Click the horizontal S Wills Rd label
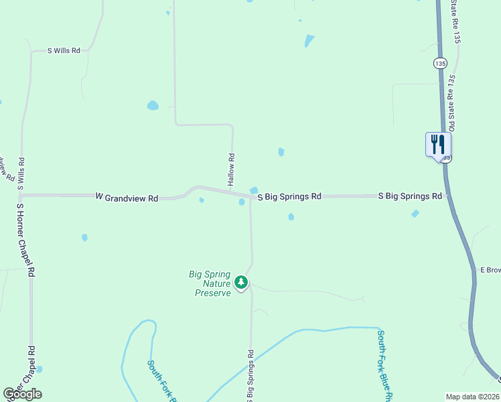coord(64,50)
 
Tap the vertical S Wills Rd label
coord(21,174)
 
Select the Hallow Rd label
coord(231,170)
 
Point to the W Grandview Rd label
coord(127,198)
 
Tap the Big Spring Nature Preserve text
coord(210,283)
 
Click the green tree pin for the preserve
coord(242,283)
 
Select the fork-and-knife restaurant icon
coord(438,144)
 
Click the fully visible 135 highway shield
coord(439,63)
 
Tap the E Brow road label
coord(490,270)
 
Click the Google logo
coord(22,394)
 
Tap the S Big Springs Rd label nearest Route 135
coord(410,196)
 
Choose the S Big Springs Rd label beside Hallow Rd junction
coord(289,196)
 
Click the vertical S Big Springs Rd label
coord(251,375)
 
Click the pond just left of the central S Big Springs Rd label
coord(254,191)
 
